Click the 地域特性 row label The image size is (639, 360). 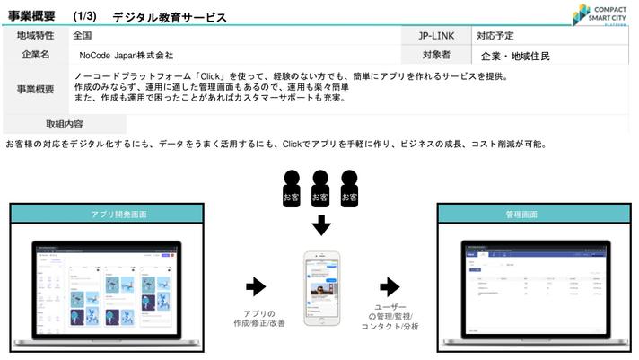pyautogui.click(x=36, y=36)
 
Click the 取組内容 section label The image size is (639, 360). pyautogui.click(x=64, y=124)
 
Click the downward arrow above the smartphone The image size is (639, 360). pyautogui.click(x=320, y=224)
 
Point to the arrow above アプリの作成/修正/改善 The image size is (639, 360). pyautogui.click(x=256, y=286)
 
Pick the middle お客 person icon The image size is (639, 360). pyautogui.click(x=320, y=189)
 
